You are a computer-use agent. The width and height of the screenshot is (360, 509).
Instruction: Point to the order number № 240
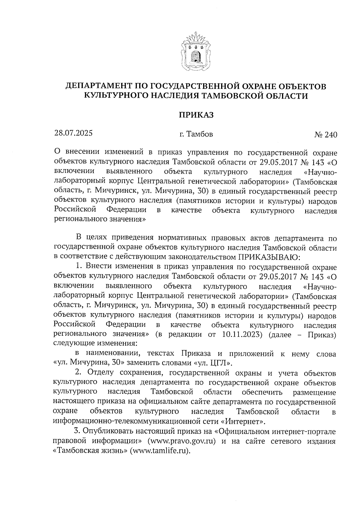325,135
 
